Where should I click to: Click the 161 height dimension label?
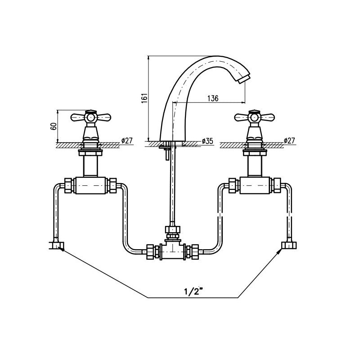[x=144, y=98]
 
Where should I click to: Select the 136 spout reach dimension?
[x=213, y=98]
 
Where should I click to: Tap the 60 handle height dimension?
[x=54, y=126]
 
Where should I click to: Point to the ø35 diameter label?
[x=207, y=141]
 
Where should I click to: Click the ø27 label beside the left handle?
[x=127, y=140]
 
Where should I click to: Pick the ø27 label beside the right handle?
[x=289, y=140]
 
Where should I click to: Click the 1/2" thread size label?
[x=194, y=292]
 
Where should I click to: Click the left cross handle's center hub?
[x=90, y=117]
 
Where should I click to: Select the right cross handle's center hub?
[x=254, y=117]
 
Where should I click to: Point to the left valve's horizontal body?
[x=90, y=185]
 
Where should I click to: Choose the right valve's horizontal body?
[x=254, y=185]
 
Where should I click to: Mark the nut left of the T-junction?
[x=151, y=252]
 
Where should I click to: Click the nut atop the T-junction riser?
[x=173, y=230]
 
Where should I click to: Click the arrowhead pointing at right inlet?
[x=279, y=252]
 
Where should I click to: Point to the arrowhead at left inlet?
[x=62, y=249]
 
